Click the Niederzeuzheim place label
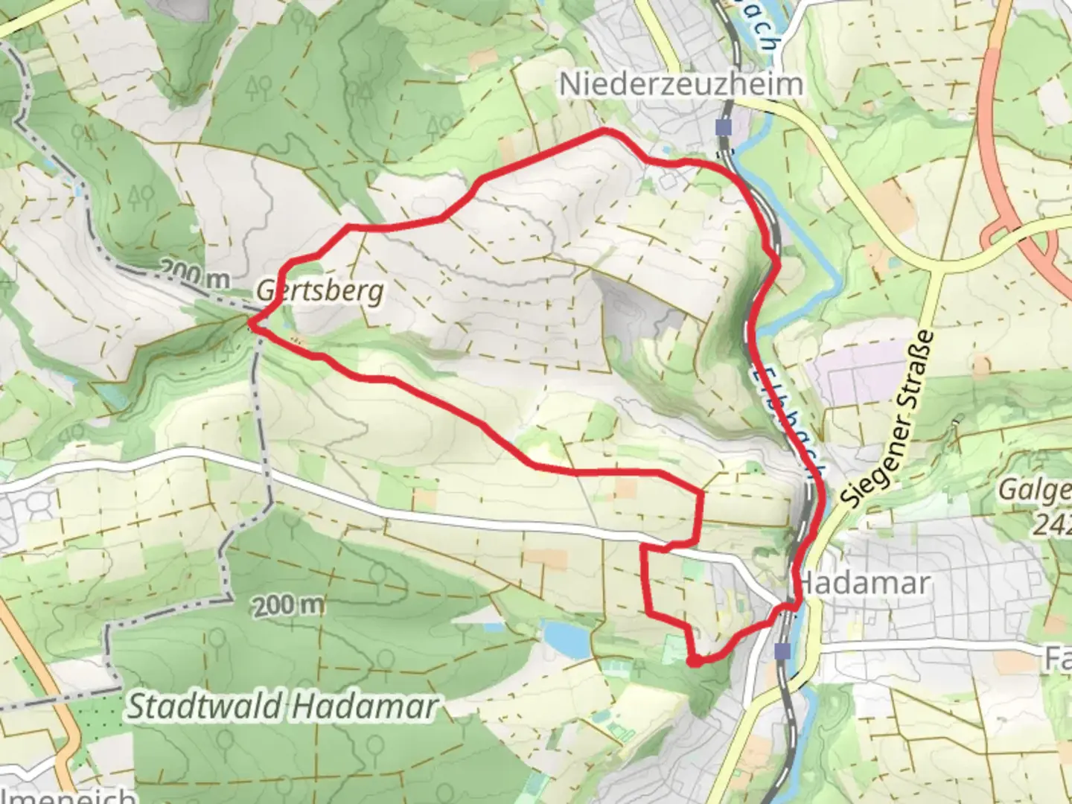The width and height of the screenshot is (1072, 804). (681, 84)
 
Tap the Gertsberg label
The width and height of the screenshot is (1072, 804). (321, 290)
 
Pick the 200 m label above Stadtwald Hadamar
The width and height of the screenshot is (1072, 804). (288, 606)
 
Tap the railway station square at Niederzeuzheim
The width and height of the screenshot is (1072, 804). (723, 127)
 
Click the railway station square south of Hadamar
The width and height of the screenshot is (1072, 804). (782, 651)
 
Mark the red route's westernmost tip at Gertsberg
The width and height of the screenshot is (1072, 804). (251, 323)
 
